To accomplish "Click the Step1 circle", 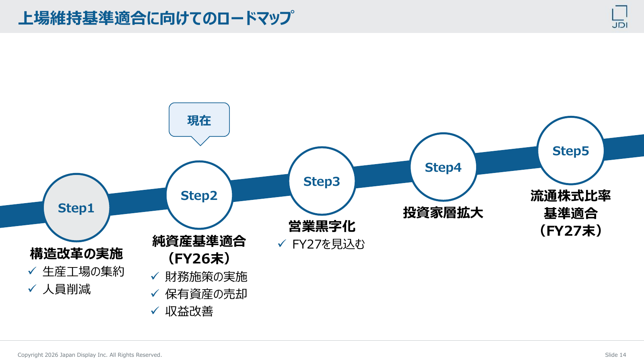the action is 76,208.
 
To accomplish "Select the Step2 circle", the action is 199,195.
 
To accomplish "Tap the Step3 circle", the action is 322,181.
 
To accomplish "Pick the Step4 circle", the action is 443,167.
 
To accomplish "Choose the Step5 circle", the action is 571,150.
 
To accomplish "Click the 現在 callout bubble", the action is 199,120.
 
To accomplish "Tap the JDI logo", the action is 619,16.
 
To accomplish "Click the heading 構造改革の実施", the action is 76,254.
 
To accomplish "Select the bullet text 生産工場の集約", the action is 83,271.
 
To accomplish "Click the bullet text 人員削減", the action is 66,289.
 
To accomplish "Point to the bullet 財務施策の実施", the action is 206,277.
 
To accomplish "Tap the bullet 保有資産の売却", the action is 206,294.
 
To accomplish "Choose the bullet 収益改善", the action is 189,311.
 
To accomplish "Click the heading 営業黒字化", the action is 322,226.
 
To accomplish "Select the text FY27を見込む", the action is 328,244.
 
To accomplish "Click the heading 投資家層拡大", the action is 443,213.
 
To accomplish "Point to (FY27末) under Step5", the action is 571,231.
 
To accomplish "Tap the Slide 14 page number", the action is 615,355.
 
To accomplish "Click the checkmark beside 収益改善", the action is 155,311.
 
